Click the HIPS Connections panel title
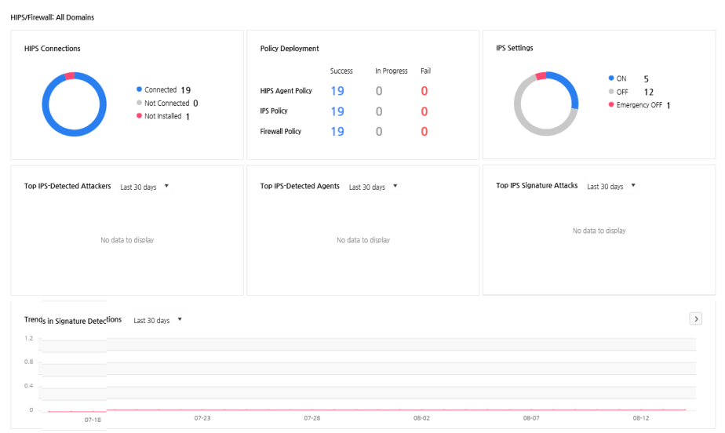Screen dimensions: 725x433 coord(53,49)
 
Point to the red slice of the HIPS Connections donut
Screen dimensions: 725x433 coord(69,76)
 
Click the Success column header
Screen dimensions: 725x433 coord(341,71)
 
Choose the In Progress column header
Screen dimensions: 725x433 coord(392,71)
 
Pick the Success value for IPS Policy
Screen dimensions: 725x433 coord(337,111)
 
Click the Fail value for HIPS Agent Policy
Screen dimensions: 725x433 coord(424,91)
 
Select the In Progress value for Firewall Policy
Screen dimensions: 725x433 coord(379,132)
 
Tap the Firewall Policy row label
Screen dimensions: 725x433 coord(280,131)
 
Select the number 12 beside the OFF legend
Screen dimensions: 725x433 coord(649,92)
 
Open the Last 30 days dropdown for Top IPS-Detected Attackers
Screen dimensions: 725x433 coord(144,187)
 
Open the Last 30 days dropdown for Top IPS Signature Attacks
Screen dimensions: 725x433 coord(611,186)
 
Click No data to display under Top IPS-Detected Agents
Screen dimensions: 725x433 coord(363,240)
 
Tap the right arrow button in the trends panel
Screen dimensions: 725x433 coord(695,318)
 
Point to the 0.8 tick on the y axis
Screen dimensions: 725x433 coord(29,362)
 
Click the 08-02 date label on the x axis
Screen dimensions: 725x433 coord(421,418)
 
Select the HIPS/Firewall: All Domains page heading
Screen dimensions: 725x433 coord(53,17)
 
